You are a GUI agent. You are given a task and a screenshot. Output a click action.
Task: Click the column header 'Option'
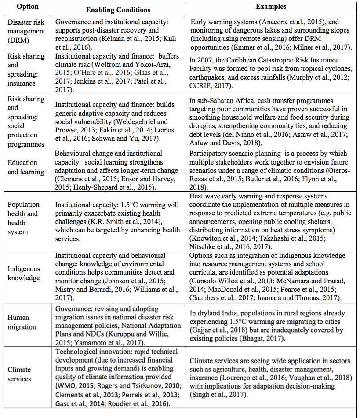28,7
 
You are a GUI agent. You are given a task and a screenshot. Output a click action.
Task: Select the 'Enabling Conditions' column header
118,10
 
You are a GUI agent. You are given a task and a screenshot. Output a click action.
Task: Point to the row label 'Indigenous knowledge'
24,273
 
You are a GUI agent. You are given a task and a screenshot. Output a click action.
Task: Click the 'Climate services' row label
19,374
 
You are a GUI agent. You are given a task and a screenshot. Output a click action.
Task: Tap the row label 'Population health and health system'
23,218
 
